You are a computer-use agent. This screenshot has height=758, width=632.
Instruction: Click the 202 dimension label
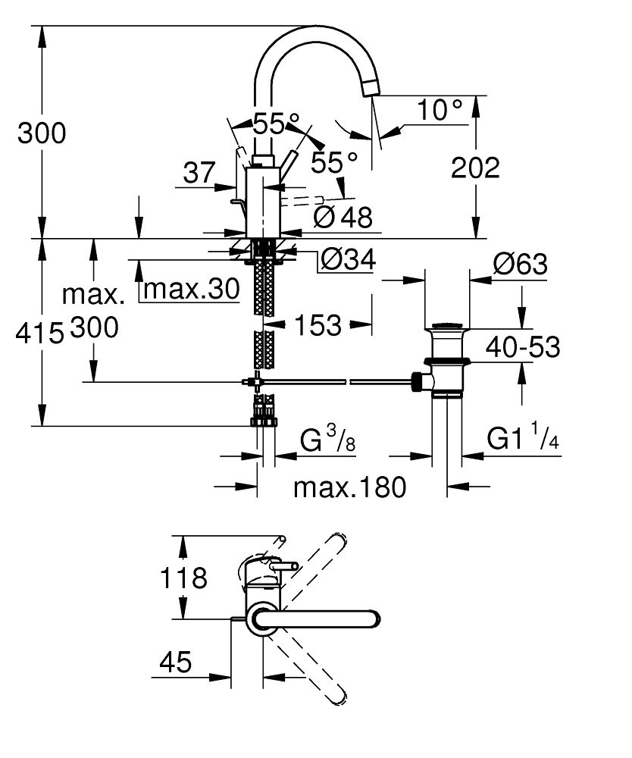coord(475,168)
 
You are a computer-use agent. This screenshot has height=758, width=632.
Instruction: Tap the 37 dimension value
coord(200,173)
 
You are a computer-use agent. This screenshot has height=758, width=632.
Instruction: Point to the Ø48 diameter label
coord(343,218)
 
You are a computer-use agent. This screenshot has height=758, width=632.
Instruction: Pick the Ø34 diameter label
coord(348,260)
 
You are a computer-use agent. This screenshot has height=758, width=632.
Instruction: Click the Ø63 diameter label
coord(519,265)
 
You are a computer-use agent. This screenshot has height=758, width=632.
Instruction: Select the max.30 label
coord(191,289)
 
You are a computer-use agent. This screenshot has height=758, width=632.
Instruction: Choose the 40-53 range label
coord(524,347)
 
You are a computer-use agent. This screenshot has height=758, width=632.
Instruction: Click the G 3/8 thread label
coord(327,440)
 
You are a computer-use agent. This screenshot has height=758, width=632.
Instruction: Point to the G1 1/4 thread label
coord(522,439)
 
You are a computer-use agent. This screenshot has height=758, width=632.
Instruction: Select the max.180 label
coord(350,487)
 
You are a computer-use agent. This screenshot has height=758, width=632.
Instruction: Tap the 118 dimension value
coord(183,579)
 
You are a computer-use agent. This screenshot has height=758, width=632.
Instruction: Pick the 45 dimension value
coord(175,663)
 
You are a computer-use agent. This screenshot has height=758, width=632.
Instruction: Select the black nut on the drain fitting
coord(417,381)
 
